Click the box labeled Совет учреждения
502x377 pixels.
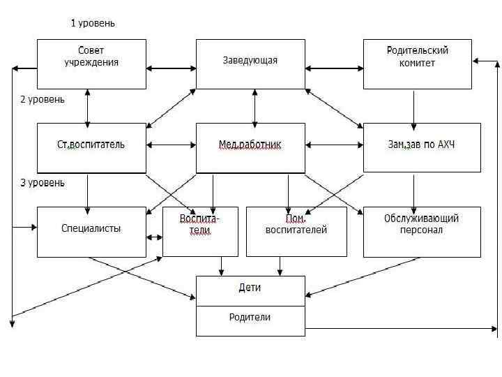pos(91,64)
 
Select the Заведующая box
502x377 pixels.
pos(250,64)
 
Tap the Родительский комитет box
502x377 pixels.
pos(418,64)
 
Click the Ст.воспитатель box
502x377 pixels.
pos(91,147)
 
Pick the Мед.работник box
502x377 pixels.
pos(250,147)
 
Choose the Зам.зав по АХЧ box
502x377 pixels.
pos(422,147)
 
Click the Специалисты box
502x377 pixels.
pos(91,231)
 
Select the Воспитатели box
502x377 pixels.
pos(200,231)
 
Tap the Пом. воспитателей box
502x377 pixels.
pos(296,231)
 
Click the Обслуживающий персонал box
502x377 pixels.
pos(422,231)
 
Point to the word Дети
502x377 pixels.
pos(250,288)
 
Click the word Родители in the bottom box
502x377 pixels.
pos(250,318)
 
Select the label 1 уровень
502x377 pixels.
pos(93,23)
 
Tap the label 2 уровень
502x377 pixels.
pos(43,99)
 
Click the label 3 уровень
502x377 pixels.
pos(43,183)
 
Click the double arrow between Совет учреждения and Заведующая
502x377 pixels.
pos(171,68)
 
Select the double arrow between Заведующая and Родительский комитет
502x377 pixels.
pos(334,68)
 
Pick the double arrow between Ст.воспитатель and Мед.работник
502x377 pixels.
pos(171,145)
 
